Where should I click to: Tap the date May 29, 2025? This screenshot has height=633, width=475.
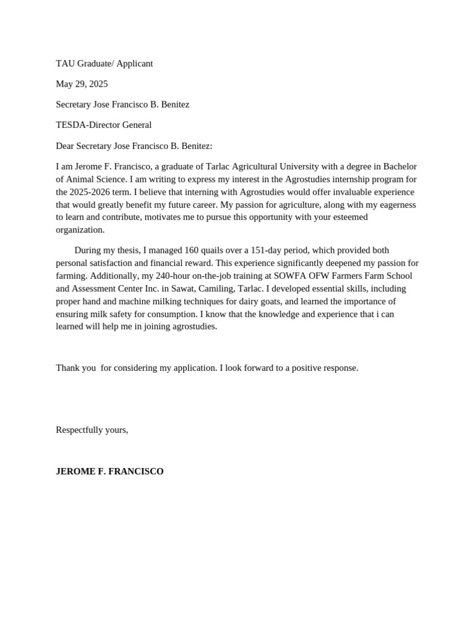pyautogui.click(x=82, y=84)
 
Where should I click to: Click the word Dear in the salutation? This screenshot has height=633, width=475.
pyautogui.click(x=66, y=146)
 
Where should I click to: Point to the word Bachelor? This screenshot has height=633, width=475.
pyautogui.click(x=401, y=166)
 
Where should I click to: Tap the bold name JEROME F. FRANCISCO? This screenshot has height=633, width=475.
pyautogui.click(x=109, y=471)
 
